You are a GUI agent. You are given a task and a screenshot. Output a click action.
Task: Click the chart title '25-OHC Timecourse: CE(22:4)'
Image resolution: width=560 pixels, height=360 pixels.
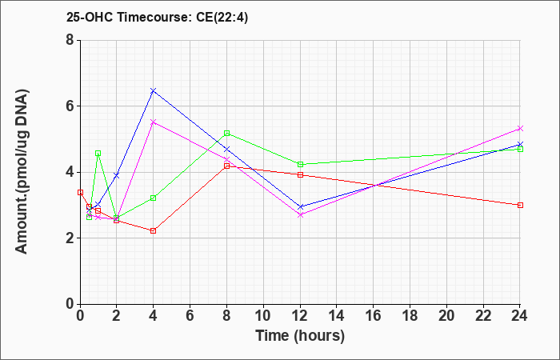[157, 17]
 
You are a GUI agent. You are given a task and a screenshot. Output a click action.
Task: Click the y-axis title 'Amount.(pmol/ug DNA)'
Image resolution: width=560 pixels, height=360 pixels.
[22, 172]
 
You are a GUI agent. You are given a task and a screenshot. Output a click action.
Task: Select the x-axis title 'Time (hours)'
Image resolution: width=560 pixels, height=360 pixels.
[300, 336]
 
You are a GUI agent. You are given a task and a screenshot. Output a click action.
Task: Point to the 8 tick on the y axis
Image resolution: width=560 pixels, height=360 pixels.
[70, 40]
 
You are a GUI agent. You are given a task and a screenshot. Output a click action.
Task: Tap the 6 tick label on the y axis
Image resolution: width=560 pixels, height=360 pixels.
[70, 106]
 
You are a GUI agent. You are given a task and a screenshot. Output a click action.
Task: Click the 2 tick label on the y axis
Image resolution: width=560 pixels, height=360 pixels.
[70, 238]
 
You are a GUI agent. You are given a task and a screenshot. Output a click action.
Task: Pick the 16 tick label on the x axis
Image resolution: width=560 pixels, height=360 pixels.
[374, 316]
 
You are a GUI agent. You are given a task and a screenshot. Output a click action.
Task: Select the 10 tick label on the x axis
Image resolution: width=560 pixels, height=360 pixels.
[263, 316]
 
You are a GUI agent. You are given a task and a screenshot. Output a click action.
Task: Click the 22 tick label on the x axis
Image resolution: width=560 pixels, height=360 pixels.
[483, 316]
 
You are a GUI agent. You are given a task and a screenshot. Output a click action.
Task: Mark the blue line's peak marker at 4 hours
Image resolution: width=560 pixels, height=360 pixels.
[154, 90]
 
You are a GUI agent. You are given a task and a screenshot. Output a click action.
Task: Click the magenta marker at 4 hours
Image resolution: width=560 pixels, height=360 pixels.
[154, 122]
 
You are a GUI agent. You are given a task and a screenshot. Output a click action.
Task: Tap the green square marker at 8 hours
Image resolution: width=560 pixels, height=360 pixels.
[226, 134]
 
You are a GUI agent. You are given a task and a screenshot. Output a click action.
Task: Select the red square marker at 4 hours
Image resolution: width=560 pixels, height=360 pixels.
[154, 230]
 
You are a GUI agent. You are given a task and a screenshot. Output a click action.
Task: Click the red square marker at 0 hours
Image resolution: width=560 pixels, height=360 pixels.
[80, 193]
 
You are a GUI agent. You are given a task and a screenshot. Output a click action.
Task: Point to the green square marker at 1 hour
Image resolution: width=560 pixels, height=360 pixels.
[98, 154]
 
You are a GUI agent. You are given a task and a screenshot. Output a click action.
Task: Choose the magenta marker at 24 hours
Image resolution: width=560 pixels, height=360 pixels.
[520, 128]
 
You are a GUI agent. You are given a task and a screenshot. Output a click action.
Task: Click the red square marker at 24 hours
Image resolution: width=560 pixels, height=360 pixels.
[520, 205]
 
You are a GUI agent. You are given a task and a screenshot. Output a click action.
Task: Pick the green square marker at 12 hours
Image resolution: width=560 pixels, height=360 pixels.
[300, 164]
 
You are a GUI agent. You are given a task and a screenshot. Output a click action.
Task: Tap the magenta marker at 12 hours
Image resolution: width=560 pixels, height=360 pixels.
[300, 215]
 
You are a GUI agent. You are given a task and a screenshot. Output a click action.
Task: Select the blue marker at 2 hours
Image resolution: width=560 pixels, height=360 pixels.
[117, 175]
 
